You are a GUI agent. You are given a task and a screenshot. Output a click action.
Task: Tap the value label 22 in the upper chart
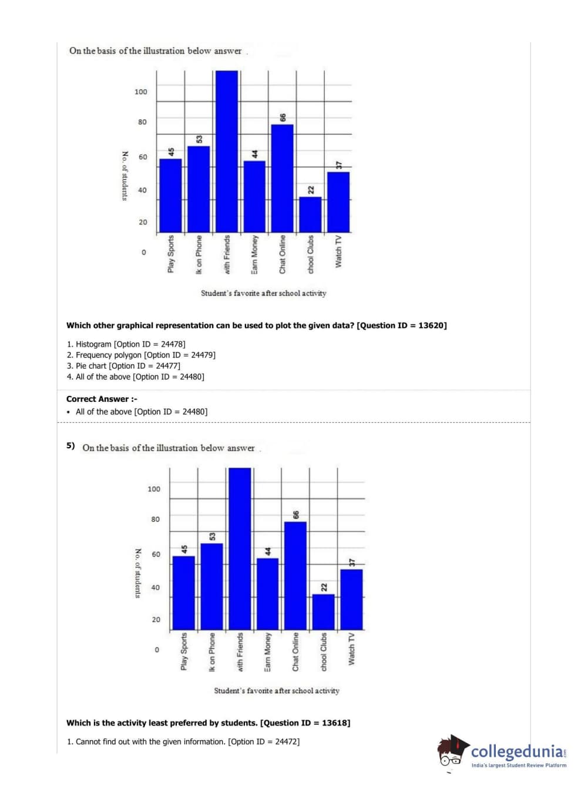pyautogui.click(x=311, y=190)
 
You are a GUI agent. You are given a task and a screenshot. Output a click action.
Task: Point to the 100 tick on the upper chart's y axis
pyautogui.click(x=141, y=92)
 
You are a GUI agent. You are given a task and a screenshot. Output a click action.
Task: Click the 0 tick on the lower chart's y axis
pyautogui.click(x=156, y=650)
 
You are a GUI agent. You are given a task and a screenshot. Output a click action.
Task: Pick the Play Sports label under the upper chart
pyautogui.click(x=171, y=254)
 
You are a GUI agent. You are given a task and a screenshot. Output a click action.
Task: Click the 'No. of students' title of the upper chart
pyautogui.click(x=125, y=176)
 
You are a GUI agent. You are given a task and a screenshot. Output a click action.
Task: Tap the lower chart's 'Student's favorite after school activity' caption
pyautogui.click(x=277, y=691)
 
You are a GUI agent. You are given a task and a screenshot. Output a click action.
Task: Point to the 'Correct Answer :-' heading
pyautogui.click(x=102, y=399)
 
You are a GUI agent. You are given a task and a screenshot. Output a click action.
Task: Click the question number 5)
pyautogui.click(x=70, y=445)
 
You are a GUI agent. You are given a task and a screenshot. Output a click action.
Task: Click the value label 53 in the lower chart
pyautogui.click(x=213, y=536)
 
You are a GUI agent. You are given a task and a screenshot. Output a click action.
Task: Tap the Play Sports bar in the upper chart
pyautogui.click(x=170, y=195)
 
